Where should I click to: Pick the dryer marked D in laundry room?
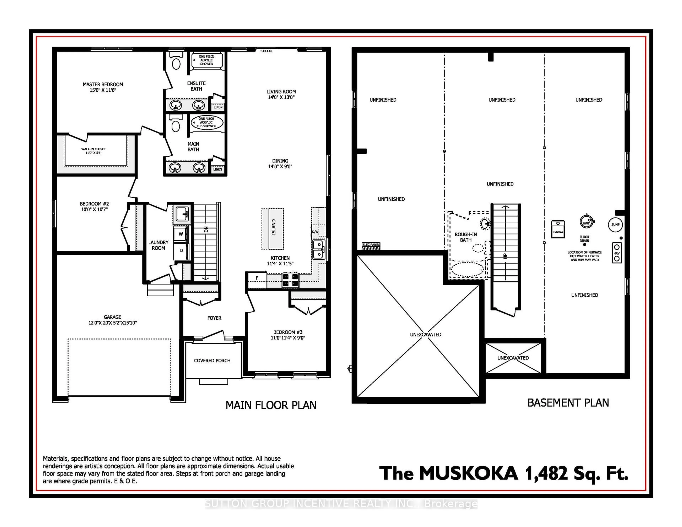pos(181,250)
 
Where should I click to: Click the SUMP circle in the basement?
pos(615,224)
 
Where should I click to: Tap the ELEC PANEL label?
pos(371,245)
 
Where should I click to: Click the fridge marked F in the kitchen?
pos(257,278)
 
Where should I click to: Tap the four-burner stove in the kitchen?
pos(290,280)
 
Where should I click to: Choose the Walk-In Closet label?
pos(93,151)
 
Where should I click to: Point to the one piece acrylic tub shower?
pos(207,122)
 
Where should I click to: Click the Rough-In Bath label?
pos(466,237)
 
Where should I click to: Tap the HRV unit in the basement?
pos(616,253)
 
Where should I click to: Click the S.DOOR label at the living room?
pos(266,51)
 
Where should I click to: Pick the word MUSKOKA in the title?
pos(468,474)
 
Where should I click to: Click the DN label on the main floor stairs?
pos(206,229)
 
